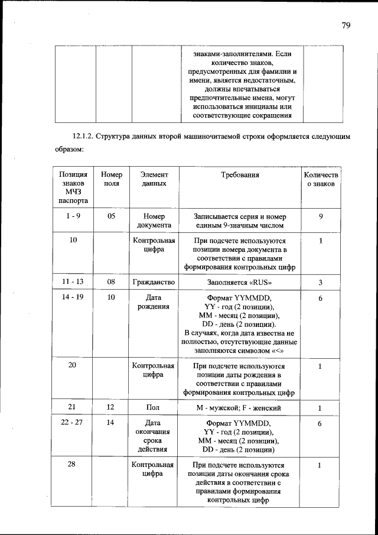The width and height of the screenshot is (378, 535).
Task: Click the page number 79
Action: click(x=346, y=25)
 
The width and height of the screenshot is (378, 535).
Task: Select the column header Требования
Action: click(x=240, y=175)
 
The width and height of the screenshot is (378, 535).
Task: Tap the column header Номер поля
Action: click(x=111, y=179)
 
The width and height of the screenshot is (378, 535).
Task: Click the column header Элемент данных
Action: click(x=154, y=179)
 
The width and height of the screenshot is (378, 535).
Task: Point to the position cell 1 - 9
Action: click(x=73, y=216)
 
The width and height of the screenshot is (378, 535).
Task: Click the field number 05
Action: click(x=111, y=216)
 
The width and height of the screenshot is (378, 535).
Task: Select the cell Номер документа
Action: click(x=154, y=221)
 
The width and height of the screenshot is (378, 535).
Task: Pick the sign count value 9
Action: click(x=320, y=216)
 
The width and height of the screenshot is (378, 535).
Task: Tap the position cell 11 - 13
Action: click(x=73, y=282)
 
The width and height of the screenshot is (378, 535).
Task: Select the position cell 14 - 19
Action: click(x=73, y=297)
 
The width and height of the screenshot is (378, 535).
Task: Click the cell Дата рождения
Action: click(x=154, y=302)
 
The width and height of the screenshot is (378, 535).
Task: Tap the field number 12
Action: click(x=111, y=407)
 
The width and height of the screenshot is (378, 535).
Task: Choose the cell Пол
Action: click(x=154, y=407)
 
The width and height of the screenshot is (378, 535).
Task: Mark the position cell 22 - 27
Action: click(x=73, y=423)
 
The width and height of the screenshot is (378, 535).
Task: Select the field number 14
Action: click(x=111, y=423)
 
